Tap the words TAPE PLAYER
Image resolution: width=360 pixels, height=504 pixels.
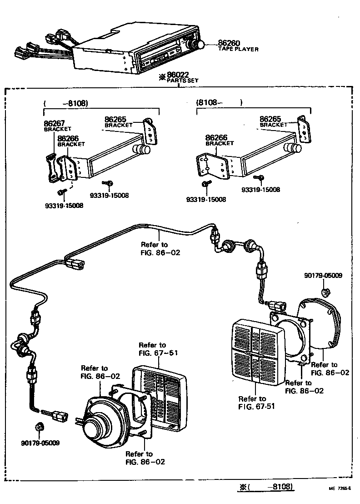[238, 49]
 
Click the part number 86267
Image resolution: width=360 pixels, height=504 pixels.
[54, 123]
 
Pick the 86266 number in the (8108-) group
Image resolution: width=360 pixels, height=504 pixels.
[216, 137]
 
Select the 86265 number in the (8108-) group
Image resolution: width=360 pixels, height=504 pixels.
[271, 119]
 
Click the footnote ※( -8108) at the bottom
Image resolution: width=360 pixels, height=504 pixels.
[266, 487]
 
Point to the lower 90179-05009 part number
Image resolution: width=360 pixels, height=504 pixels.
[40, 443]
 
